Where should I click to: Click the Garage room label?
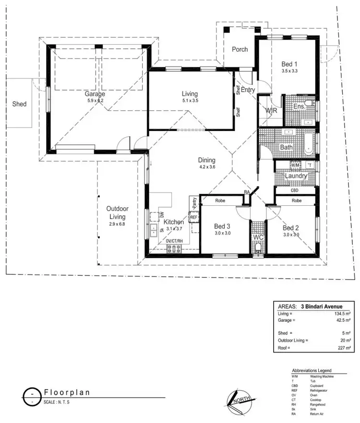pos(95,94)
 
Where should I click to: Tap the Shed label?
pos(19,104)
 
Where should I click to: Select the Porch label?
pos(240,49)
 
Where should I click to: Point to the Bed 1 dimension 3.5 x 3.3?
pos(289,70)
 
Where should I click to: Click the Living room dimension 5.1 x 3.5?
pos(190,101)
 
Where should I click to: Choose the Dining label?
pos(207,160)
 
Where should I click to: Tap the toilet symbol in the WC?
pos(258,247)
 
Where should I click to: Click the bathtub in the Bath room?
pos(307,143)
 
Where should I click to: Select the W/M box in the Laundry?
pos(295,165)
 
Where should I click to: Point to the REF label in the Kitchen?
pos(194,217)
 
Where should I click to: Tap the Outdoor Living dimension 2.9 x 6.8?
pos(116,224)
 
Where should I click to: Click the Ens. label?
pos(299,106)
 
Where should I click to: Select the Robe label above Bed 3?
pos(220,200)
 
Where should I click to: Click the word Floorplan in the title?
pos(67,392)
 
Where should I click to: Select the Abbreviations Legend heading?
pos(318,371)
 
